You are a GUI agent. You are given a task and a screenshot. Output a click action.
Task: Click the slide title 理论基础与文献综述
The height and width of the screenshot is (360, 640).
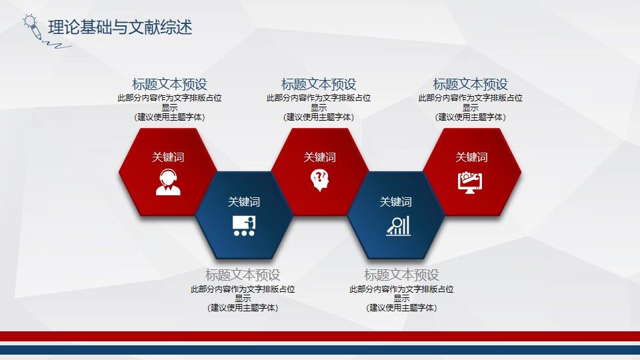coord(120,27)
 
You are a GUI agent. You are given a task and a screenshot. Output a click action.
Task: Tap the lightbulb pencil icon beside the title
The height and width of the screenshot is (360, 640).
coord(32,25)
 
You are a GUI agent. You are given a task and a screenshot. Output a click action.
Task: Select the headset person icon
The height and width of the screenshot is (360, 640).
coord(168,182)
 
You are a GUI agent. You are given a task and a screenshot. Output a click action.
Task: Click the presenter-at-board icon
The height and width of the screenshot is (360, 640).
coord(244,226)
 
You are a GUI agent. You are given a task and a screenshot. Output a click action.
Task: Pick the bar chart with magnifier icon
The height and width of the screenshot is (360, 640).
coord(398,226)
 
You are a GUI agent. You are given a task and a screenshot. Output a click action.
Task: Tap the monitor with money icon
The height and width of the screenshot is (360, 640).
coord(471,182)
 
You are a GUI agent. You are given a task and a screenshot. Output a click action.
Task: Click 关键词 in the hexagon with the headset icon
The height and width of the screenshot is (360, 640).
coord(168,157)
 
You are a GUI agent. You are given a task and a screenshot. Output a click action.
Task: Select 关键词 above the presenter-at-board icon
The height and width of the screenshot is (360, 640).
coord(244,202)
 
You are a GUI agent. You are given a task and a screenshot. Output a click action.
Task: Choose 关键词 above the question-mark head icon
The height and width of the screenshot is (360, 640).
coord(320,157)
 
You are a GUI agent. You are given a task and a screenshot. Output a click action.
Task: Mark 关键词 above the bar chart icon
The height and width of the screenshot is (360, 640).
coord(396,202)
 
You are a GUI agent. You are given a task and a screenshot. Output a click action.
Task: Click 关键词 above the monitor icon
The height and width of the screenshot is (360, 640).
coord(471,157)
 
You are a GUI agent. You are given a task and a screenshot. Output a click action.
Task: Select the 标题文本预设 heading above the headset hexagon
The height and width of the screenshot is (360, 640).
coord(169,85)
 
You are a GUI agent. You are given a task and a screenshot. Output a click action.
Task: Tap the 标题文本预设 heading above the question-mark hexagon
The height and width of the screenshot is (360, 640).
coord(319,85)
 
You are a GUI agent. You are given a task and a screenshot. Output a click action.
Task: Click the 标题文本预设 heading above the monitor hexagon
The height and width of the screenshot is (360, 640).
coord(471,85)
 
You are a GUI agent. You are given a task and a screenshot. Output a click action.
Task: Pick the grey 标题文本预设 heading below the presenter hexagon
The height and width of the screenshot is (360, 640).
coord(243,275)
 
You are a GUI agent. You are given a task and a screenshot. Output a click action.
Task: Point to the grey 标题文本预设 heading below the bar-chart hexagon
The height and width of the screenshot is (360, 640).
coord(401,275)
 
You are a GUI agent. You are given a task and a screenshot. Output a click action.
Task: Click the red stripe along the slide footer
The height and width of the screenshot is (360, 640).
coord(320,336)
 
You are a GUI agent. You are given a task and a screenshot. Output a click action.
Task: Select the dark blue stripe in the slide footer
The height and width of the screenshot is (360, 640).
coord(320,350)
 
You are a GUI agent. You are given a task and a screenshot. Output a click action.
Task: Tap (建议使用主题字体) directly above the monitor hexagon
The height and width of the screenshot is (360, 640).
coord(471,117)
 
